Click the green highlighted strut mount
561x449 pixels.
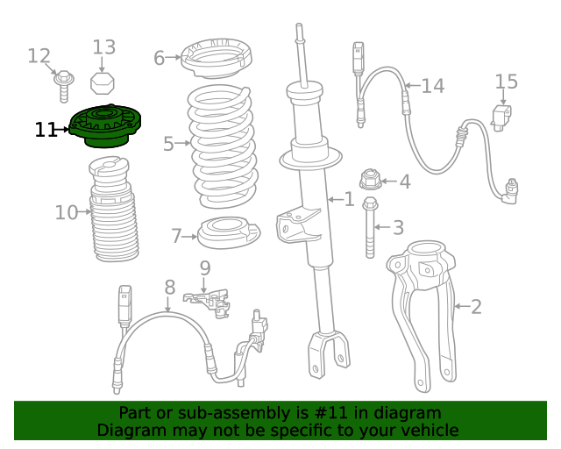pos(104,127)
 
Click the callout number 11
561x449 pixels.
pos(46,130)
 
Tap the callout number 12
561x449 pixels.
pos(39,56)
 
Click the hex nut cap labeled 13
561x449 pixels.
pos(103,82)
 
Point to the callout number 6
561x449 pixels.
pos(159,59)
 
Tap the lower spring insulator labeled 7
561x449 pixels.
pos(229,235)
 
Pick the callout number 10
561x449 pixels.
pos(67,212)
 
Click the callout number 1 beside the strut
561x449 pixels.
pos(349,200)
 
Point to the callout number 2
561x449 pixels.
pos(476,307)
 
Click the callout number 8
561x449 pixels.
pos(170,286)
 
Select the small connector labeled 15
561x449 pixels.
pos(501,118)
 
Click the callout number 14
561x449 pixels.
pos(432,86)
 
